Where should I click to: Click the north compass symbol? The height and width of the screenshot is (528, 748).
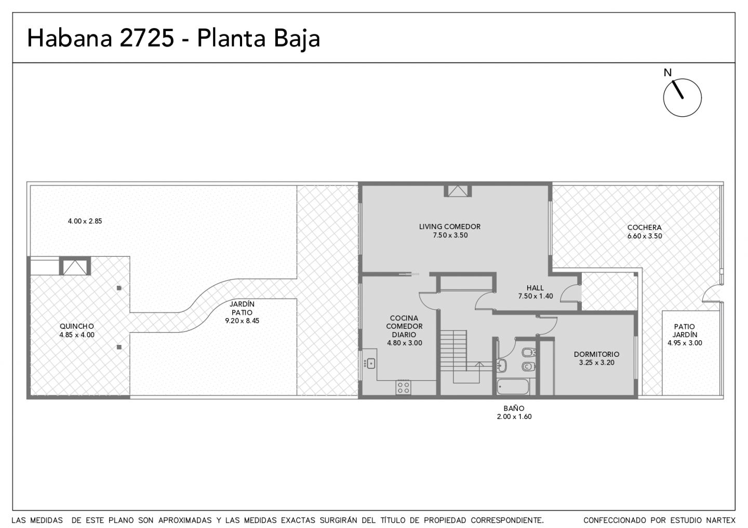coord(682,98)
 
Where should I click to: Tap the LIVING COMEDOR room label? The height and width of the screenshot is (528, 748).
coord(450,227)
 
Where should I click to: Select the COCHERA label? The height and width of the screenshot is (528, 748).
coord(644,228)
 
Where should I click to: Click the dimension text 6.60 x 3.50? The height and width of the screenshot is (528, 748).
coord(645,236)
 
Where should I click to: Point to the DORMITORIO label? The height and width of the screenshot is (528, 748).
coord(596,354)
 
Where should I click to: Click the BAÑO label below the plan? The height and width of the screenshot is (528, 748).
coord(514,408)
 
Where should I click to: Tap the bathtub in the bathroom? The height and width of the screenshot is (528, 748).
coord(513,387)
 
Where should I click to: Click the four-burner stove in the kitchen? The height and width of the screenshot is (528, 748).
coord(403,387)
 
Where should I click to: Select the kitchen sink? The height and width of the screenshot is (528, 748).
coord(371,364)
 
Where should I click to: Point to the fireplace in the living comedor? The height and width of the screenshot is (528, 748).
coord(458,191)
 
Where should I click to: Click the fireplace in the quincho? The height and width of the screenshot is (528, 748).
coord(75,266)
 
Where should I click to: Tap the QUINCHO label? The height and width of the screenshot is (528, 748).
coord(77,326)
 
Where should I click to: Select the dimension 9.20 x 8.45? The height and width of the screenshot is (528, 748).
coord(242,321)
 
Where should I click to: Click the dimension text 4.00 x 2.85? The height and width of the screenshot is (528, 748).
coord(85,221)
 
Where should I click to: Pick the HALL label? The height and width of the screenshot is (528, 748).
coord(535,288)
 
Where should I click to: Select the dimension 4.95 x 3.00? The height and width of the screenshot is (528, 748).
coord(685,343)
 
